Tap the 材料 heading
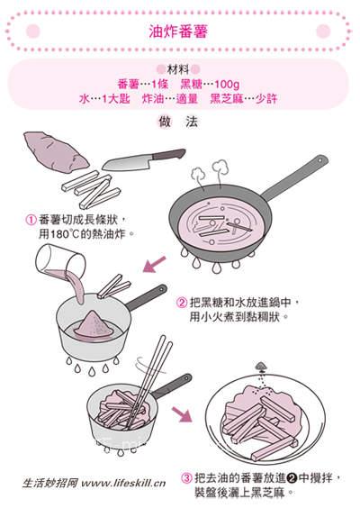pyautogui.click(x=179, y=69)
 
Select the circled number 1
pyautogui.click(x=31, y=219)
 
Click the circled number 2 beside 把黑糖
pyautogui.click(x=182, y=304)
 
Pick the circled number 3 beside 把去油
pyautogui.click(x=187, y=477)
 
